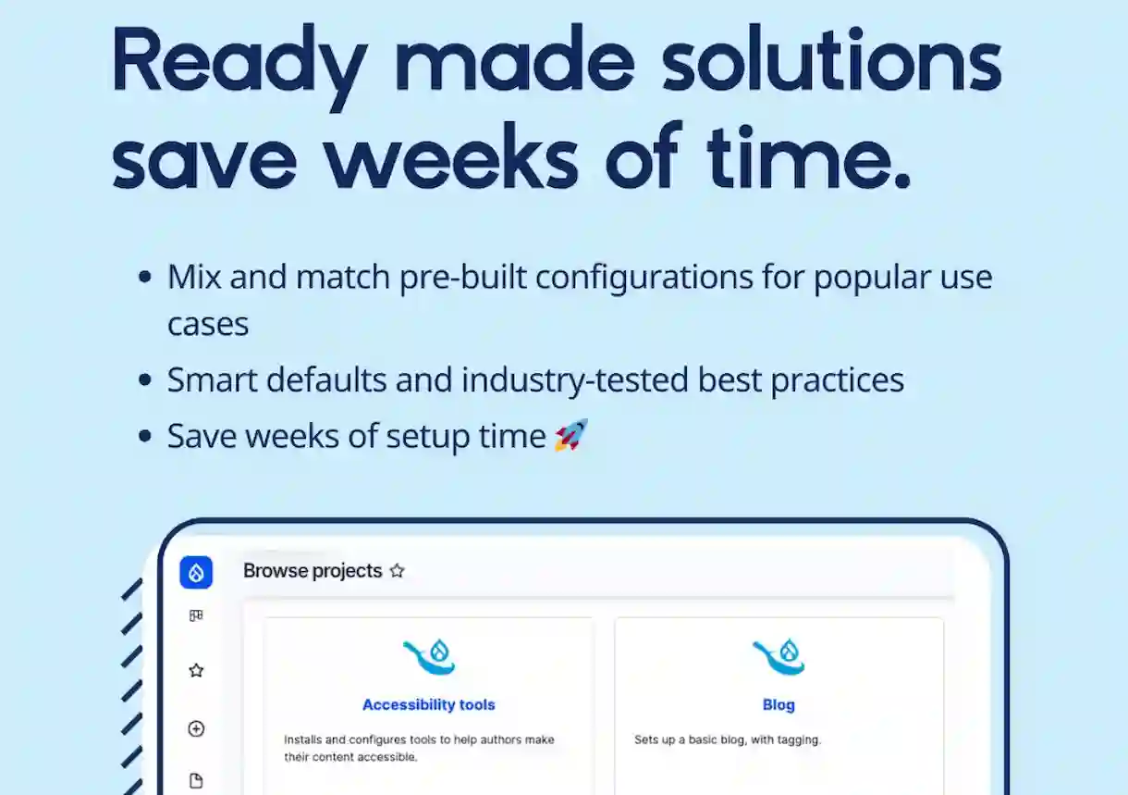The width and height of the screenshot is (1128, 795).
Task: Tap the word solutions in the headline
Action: pos(831,58)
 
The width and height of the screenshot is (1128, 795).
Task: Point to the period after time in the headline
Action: pos(903,180)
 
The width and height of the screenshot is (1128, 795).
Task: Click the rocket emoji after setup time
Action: pos(571,435)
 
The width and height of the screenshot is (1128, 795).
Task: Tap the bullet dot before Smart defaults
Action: pos(144,379)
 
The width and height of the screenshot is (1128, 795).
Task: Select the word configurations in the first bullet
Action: pos(644,279)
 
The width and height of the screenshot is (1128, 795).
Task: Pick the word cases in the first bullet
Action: pos(208,324)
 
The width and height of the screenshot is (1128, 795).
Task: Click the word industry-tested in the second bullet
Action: pos(574,380)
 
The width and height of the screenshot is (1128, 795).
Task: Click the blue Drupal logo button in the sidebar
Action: pos(196,572)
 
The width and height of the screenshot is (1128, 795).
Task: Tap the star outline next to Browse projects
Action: pos(398,571)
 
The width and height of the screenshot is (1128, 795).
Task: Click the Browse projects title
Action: pos(313,571)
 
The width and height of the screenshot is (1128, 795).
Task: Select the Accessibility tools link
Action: pos(428,704)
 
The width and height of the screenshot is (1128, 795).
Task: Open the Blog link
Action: pos(779,704)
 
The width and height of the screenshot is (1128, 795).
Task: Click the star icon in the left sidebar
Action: pos(196,670)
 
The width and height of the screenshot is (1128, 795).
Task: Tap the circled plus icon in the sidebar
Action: pos(196,728)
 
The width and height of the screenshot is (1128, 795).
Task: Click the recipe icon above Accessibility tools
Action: pos(429,657)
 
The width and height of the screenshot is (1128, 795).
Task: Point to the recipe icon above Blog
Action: pos(779,657)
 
